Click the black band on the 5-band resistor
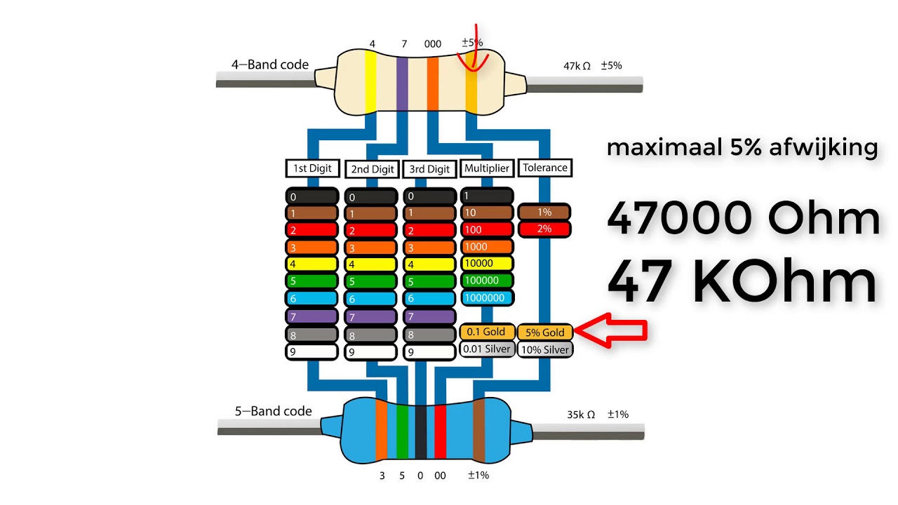point(420,431)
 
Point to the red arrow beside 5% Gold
point(610,331)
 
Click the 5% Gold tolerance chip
point(544,332)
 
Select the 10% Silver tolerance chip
point(544,349)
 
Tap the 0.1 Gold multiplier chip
point(487,332)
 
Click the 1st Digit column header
point(312,168)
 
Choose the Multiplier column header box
point(487,168)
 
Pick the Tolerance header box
point(544,168)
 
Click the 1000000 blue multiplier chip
point(487,297)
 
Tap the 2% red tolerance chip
point(544,229)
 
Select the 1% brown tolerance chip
point(544,212)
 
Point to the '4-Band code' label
point(270,65)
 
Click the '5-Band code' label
point(273,411)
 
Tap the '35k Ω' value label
point(581,415)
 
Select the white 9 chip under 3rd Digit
point(429,352)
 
